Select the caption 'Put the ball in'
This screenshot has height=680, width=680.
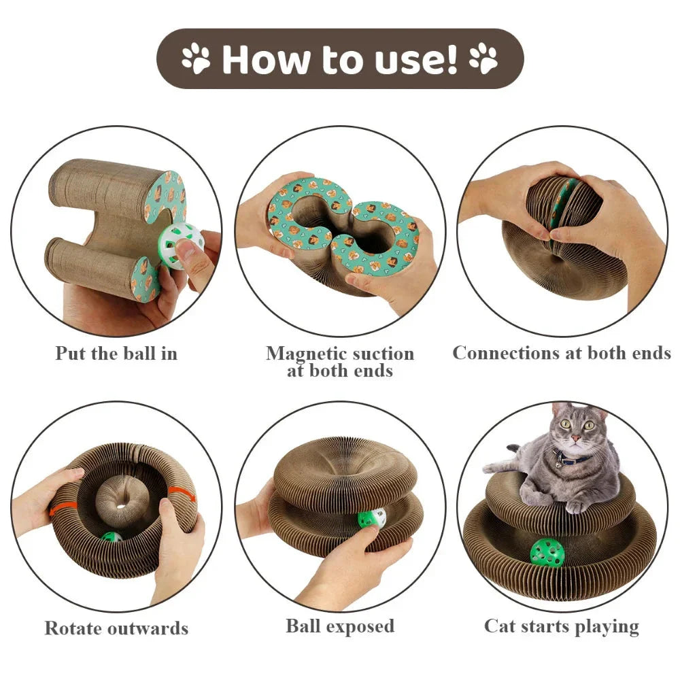pos(116,354)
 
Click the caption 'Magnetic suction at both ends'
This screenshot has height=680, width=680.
pos(340,362)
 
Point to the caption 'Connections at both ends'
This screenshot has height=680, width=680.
pos(562,353)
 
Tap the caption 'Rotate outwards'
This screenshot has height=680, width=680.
pos(116,627)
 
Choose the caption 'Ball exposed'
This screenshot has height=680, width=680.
pos(340,626)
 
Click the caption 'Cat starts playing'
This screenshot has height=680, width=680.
pos(562,626)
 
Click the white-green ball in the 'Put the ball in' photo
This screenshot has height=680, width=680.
pos(172,245)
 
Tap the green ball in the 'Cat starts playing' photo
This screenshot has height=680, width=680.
pos(547,552)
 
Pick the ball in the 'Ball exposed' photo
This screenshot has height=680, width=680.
pos(372,518)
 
